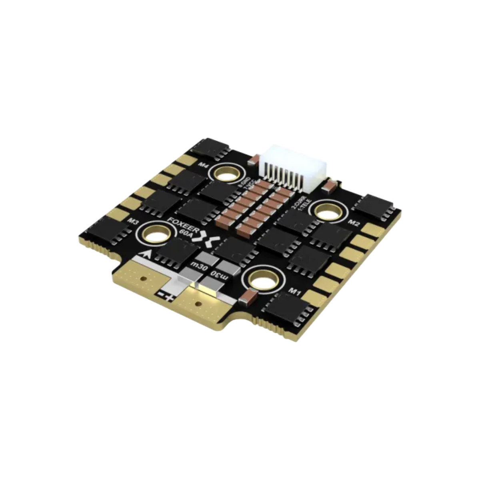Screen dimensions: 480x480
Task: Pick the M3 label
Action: (133, 221)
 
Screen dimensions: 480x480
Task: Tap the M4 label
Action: (204, 165)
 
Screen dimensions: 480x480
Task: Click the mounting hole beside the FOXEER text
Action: (155, 234)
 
